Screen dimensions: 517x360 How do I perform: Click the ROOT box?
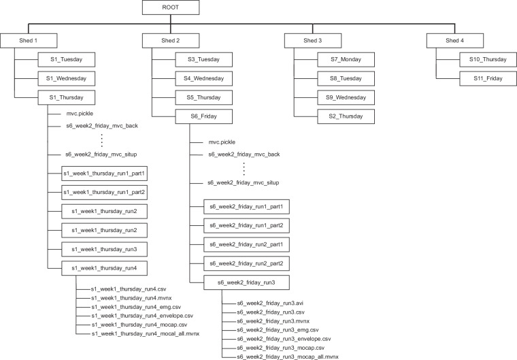171,7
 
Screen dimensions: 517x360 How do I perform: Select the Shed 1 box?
29,41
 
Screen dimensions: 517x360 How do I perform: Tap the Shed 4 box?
455,41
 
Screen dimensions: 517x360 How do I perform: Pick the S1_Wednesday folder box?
66,78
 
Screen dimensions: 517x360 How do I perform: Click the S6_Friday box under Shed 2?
204,116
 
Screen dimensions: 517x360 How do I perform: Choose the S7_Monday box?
346,59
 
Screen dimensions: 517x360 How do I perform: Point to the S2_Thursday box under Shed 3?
346,116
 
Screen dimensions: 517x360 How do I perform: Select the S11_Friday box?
488,78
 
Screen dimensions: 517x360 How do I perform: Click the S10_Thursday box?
488,59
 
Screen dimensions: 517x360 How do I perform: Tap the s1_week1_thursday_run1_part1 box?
104,174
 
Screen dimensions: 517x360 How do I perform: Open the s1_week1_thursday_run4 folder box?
104,268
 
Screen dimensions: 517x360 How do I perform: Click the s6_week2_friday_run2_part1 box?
246,244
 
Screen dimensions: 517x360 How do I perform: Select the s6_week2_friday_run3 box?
246,282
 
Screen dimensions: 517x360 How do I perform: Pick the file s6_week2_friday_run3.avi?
270,304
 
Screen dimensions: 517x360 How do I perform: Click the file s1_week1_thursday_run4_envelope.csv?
142,316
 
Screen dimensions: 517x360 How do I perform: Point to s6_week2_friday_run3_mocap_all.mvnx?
288,357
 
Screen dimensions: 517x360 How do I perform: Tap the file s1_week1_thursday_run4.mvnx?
131,298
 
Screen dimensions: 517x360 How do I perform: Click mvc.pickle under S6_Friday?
222,142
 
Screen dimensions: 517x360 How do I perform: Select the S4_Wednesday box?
204,78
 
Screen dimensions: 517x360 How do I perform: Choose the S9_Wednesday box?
346,97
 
